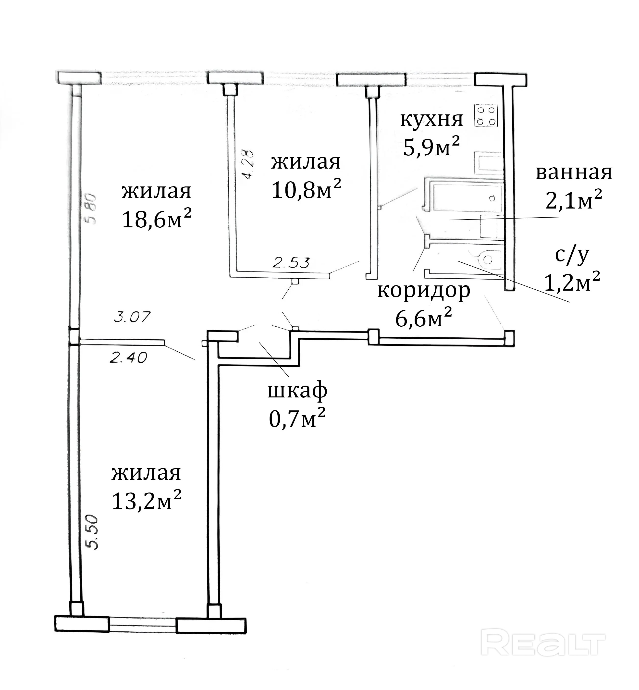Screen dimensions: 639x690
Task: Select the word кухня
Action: click(431, 119)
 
